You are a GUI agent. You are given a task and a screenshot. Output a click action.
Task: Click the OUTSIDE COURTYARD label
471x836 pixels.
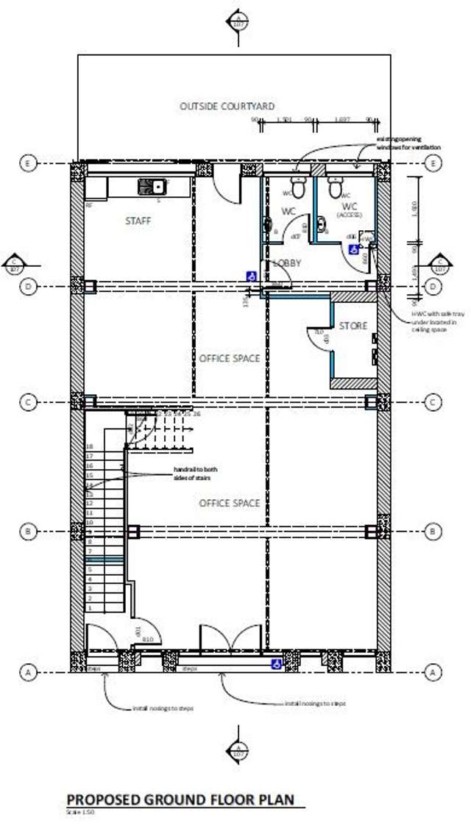[x=227, y=107]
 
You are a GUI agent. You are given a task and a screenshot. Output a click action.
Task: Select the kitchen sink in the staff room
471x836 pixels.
[x=152, y=187]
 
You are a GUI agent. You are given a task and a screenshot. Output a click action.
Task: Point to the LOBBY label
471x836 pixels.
[x=288, y=262]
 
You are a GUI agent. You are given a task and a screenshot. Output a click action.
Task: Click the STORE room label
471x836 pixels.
[x=353, y=325]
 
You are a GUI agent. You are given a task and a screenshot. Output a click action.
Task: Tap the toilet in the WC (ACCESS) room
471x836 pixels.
[x=336, y=188]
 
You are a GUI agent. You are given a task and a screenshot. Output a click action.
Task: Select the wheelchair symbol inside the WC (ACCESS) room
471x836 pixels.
[x=354, y=250]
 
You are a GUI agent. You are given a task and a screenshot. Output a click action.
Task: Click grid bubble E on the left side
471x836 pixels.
[x=28, y=163]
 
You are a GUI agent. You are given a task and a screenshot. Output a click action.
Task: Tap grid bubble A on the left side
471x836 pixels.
[x=28, y=672]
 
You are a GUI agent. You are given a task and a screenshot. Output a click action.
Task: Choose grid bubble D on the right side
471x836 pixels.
[x=435, y=287]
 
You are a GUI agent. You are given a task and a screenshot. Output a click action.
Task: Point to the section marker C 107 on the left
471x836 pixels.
[x=14, y=263]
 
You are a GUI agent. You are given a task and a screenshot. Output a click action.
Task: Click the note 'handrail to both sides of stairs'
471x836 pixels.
[x=195, y=474]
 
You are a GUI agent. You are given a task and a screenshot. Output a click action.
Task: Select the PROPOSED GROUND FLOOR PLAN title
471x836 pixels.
[x=180, y=799]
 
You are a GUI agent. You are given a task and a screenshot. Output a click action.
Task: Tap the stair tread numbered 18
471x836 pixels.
[x=90, y=446]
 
